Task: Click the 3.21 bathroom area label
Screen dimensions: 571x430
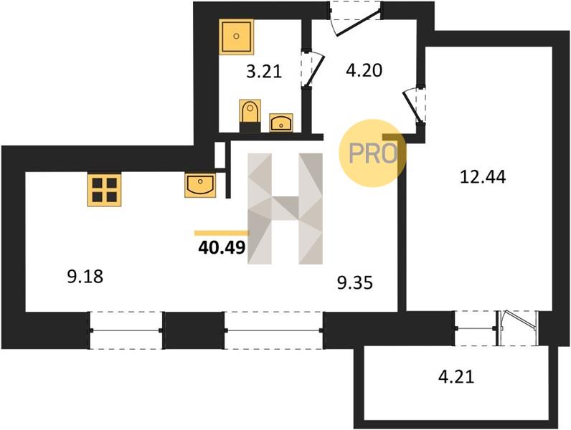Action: click(264, 71)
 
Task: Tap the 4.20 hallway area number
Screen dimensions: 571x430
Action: click(364, 70)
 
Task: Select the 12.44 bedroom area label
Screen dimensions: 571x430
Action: click(483, 177)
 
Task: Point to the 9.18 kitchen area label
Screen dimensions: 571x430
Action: click(85, 277)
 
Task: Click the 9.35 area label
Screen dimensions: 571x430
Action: click(354, 282)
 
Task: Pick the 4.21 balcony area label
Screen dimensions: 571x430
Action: click(456, 376)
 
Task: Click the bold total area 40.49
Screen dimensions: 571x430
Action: click(222, 248)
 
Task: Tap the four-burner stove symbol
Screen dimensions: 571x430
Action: click(104, 190)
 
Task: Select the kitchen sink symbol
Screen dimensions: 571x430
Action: click(200, 186)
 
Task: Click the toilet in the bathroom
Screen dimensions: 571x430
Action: click(250, 115)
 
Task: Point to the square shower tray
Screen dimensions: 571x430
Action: click(236, 37)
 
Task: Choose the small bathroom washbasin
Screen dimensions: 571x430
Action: click(280, 123)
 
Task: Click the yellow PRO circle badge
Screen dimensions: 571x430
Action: click(372, 153)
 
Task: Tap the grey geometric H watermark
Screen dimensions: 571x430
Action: click(285, 209)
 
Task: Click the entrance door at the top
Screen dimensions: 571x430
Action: click(355, 19)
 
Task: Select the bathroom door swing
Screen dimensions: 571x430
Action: click(313, 69)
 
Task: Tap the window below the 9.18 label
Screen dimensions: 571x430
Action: click(126, 330)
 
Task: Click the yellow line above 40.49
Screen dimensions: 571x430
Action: click(222, 233)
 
